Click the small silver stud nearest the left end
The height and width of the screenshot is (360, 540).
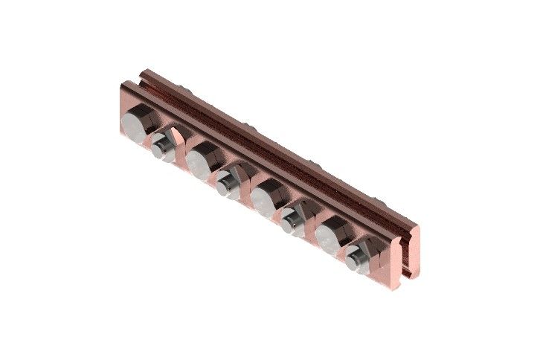pos(160,147)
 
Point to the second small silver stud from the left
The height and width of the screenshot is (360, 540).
pos(225,181)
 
